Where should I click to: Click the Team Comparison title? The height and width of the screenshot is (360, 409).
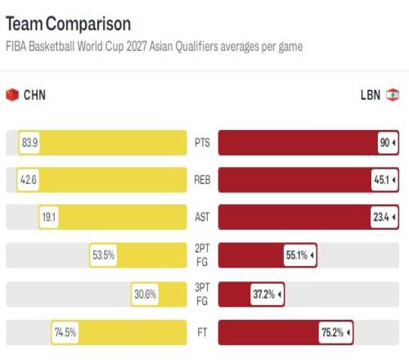pos(68,24)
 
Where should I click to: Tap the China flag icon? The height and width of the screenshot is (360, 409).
pos(12,95)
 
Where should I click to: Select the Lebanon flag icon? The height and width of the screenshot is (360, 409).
pos(393,95)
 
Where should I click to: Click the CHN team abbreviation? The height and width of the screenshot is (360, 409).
pos(34,95)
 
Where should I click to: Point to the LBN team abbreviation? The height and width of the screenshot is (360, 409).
pos(371,95)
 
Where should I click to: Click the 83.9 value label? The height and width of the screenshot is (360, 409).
pos(29,142)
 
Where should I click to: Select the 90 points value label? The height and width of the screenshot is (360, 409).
pos(388,142)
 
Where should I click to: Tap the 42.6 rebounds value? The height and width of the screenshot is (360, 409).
pos(28,180)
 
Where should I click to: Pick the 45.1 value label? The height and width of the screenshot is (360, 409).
pos(384,180)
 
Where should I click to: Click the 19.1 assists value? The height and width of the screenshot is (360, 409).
pos(49,217)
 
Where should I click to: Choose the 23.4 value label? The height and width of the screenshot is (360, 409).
pos(384,217)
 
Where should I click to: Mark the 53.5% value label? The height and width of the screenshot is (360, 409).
pos(103,255)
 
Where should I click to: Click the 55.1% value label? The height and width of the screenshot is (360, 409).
pos(299,255)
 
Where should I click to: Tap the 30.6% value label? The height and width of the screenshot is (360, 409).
pos(145,295)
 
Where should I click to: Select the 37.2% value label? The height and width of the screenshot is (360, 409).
pos(267,295)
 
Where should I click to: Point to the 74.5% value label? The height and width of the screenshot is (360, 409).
pos(65,332)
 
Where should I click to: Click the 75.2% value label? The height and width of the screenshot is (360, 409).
pos(335,332)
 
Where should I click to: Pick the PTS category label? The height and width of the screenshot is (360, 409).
pos(202,142)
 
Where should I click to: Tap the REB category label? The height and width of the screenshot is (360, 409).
pos(202,180)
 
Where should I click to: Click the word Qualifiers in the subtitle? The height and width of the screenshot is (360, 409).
pos(196,47)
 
